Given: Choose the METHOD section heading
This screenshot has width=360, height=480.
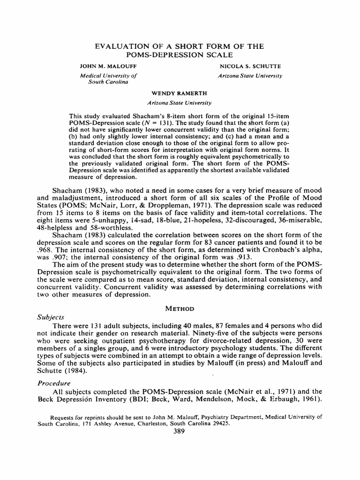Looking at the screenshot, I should click(x=180, y=309).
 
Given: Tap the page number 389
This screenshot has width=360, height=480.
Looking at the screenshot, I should click(x=179, y=432).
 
